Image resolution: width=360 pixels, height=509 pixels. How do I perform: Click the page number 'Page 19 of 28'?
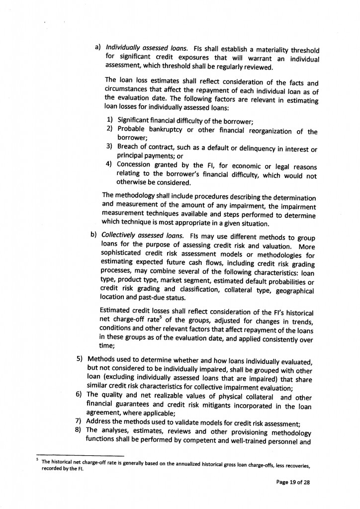pyautogui.click(x=293, y=482)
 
